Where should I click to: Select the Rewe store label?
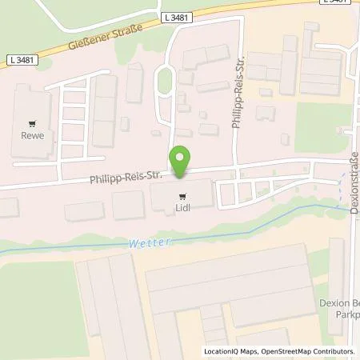32,135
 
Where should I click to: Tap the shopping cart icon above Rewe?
32,124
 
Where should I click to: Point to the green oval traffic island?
165,79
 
